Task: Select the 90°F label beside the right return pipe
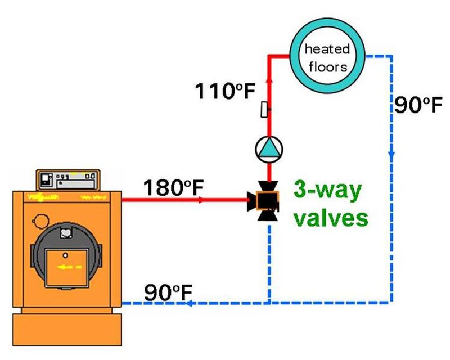click(x=415, y=106)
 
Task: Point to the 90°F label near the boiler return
click(x=168, y=292)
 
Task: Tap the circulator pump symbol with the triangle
click(x=269, y=148)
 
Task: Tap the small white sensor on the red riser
click(x=264, y=109)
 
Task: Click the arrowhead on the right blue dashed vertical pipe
click(x=391, y=153)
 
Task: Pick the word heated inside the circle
click(x=327, y=50)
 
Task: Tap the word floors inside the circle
click(x=327, y=66)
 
